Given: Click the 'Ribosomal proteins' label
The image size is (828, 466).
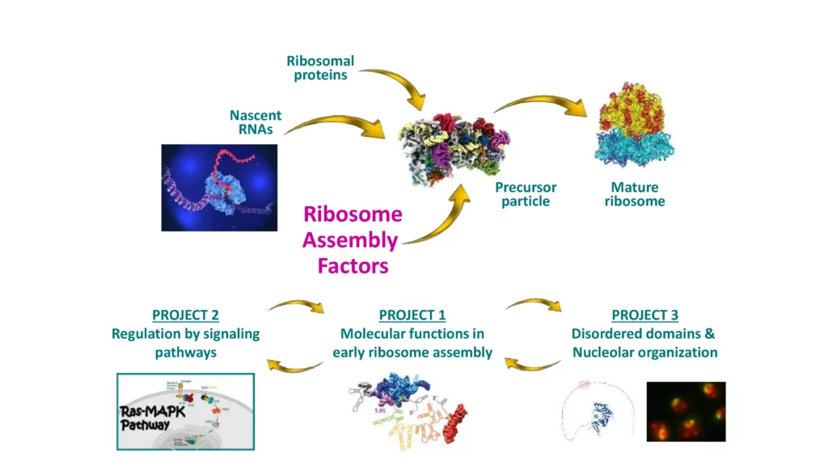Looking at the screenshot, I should [x=320, y=68].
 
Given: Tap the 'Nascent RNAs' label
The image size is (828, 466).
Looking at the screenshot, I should [x=256, y=121].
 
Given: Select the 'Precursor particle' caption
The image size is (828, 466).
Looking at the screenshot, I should [x=526, y=194].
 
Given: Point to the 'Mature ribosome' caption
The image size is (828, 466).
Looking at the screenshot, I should [x=635, y=194].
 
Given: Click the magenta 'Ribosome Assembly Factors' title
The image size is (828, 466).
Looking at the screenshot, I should [x=352, y=240].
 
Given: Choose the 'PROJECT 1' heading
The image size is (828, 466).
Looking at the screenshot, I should [x=412, y=315].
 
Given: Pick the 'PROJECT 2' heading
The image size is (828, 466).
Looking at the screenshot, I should [x=185, y=315].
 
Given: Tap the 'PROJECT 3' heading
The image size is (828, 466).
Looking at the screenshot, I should [x=644, y=315].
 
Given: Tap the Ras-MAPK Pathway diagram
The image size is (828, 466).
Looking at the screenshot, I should [x=185, y=410].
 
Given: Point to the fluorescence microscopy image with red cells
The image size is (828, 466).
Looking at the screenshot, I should [x=686, y=411].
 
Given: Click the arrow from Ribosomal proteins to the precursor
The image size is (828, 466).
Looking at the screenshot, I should [x=396, y=85].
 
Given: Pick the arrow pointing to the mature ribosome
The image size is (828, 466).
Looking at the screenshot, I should [x=542, y=105].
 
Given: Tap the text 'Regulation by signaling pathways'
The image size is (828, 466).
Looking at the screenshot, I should [x=185, y=343].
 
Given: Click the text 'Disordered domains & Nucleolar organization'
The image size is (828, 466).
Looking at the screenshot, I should [x=644, y=343].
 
